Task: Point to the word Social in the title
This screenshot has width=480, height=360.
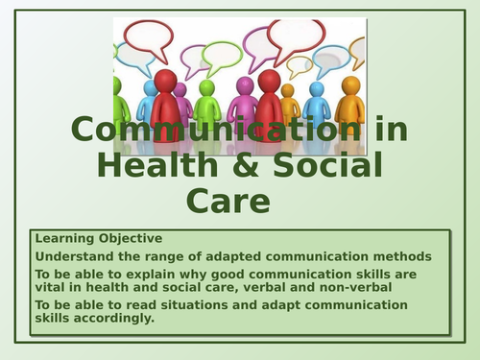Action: [x=323, y=165]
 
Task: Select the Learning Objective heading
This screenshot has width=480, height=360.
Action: [x=99, y=238]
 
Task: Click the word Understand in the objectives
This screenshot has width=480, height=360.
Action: [x=71, y=256]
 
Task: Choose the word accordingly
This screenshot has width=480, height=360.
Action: [x=111, y=318]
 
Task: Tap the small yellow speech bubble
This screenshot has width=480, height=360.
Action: [x=300, y=65]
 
